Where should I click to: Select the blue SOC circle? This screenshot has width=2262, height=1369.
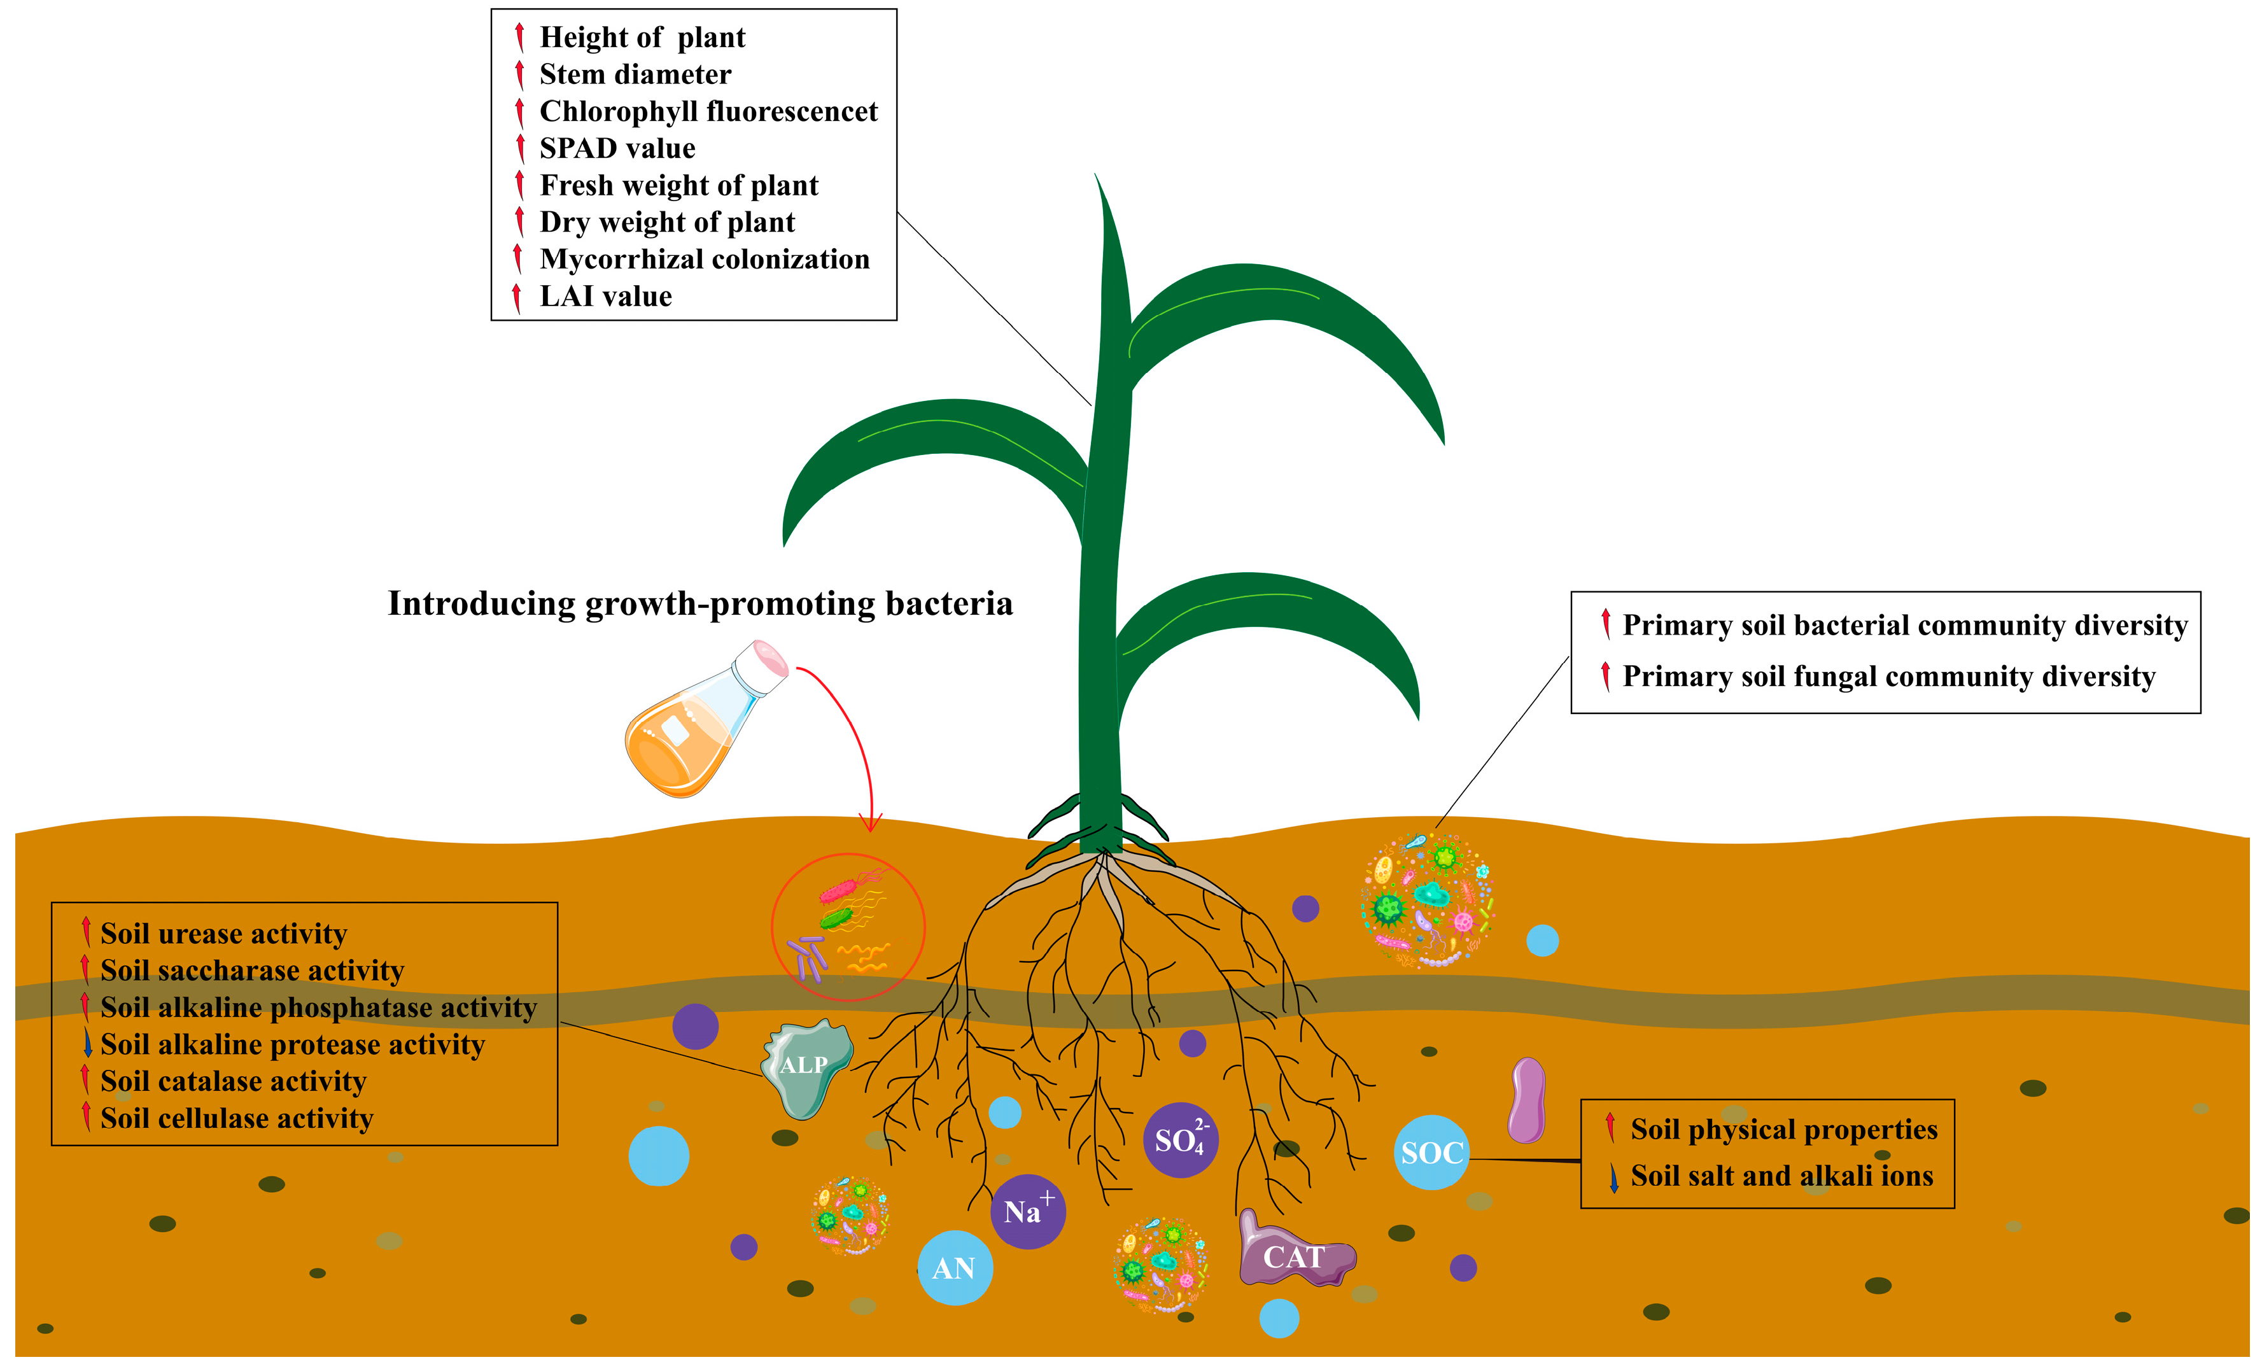pyautogui.click(x=1430, y=1153)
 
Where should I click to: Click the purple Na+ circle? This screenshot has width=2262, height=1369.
pyautogui.click(x=1027, y=1211)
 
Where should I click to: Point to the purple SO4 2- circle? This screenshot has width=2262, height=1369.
pyautogui.click(x=1179, y=1141)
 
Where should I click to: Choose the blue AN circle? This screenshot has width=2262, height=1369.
pyautogui.click(x=955, y=1268)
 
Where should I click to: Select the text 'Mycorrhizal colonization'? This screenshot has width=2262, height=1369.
pyautogui.click(x=704, y=259)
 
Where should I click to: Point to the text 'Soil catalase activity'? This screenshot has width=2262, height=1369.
pyautogui.click(x=233, y=1081)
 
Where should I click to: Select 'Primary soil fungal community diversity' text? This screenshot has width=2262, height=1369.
pyautogui.click(x=1888, y=676)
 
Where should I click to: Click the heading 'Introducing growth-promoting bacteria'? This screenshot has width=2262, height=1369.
pyautogui.click(x=699, y=603)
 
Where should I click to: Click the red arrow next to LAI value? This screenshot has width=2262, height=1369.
pyautogui.click(x=517, y=297)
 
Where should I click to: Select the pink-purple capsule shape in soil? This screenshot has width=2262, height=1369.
pyautogui.click(x=1527, y=1100)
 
